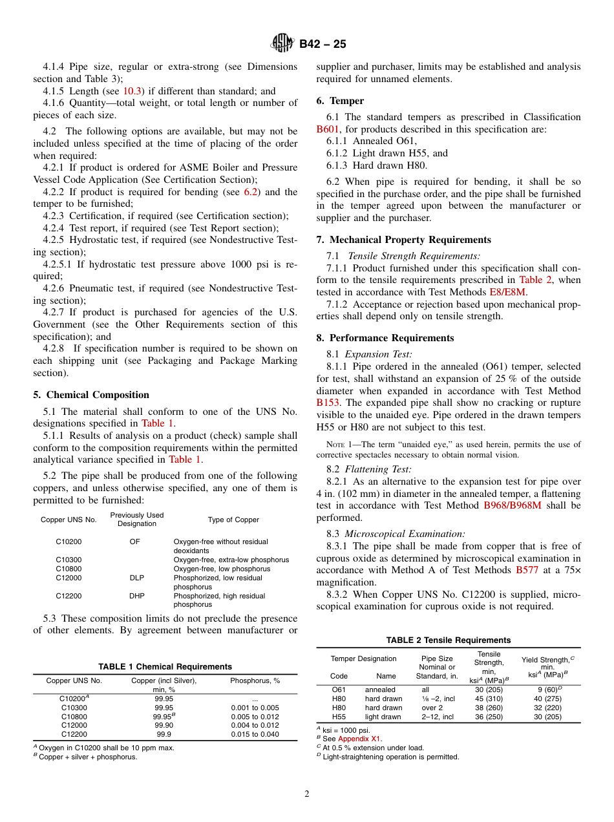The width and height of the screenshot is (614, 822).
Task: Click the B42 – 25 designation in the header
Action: coord(323,44)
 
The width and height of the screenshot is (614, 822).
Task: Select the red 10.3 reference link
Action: coord(132,91)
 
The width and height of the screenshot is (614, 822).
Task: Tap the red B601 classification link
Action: coord(328,129)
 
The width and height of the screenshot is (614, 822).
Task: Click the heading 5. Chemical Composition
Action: coord(91,395)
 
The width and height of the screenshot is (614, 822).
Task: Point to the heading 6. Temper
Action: coord(340,101)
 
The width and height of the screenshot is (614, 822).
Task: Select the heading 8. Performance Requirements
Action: coord(385,338)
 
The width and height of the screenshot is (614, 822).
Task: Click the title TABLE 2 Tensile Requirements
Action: coord(448,640)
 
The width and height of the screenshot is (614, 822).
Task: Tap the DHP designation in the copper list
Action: coord(136,596)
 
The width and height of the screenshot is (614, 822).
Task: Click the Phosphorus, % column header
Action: coord(255,680)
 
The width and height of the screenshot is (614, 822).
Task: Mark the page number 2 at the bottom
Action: coord(307,794)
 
